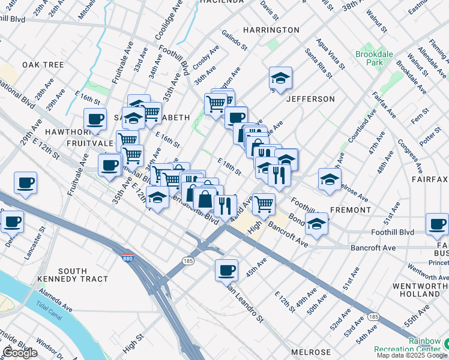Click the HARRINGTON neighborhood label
[x=271, y=30]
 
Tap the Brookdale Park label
[x=373, y=58]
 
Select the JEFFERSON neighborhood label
[x=310, y=99]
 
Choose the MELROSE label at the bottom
[x=311, y=352]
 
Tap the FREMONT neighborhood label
[x=350, y=210]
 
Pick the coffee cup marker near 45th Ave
[x=227, y=271]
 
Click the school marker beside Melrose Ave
[x=330, y=180]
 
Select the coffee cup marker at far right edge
[x=436, y=225]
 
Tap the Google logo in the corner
[x=20, y=353]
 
